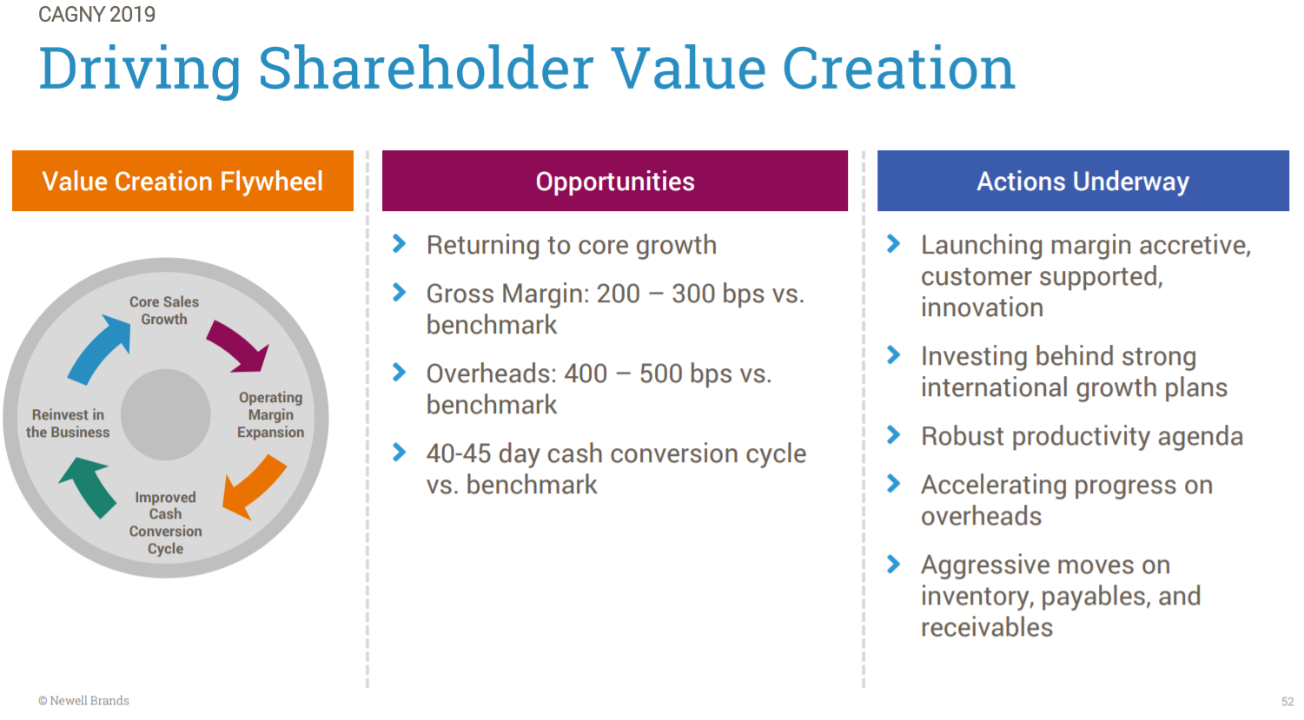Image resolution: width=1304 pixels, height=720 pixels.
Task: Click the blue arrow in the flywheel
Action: click(97, 350)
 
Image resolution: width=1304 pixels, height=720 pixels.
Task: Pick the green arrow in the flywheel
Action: click(90, 485)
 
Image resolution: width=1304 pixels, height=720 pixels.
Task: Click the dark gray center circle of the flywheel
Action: click(166, 415)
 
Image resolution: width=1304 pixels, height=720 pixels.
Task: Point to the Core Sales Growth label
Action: click(164, 311)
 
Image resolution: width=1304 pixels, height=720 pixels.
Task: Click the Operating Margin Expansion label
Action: click(270, 415)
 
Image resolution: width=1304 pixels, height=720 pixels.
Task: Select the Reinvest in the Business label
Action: click(68, 424)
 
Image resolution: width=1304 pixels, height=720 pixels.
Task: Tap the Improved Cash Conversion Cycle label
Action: click(165, 523)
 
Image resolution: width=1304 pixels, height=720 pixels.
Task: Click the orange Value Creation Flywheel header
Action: click(182, 181)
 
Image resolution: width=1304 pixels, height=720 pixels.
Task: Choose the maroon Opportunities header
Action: click(614, 181)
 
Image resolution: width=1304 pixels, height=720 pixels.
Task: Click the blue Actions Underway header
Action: click(1082, 181)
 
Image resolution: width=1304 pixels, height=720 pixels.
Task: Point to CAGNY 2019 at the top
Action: click(96, 14)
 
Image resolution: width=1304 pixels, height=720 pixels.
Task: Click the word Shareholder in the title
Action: click(426, 69)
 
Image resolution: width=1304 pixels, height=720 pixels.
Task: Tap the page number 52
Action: click(1287, 702)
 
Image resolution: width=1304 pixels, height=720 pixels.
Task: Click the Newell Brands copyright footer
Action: click(83, 701)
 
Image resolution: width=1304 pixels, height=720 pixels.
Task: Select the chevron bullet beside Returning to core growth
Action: click(400, 244)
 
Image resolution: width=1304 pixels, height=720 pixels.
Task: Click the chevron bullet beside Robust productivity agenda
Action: click(893, 435)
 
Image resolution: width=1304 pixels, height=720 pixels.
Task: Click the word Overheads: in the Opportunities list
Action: click(491, 373)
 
